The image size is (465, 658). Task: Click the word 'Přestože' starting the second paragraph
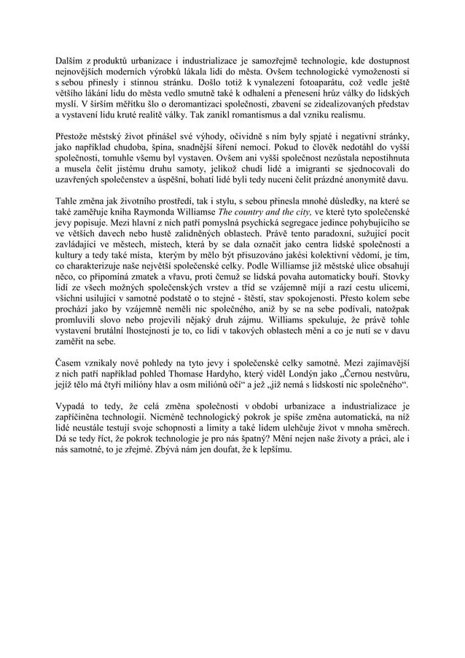click(x=74, y=136)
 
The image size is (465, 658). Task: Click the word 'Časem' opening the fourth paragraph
click(x=71, y=363)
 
